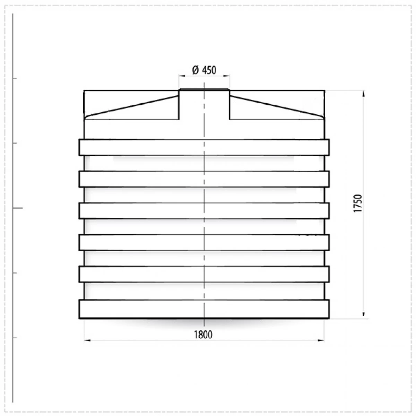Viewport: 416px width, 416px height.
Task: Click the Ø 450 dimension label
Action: (204, 70)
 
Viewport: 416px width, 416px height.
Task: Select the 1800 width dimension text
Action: (203, 335)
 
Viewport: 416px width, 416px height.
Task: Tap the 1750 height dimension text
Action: (358, 203)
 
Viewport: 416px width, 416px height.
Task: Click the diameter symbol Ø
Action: (196, 70)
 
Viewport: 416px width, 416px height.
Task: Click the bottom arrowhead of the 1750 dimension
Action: (363, 314)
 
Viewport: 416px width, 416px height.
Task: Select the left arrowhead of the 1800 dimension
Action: (87, 340)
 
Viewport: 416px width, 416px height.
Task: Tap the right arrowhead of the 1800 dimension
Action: (321, 340)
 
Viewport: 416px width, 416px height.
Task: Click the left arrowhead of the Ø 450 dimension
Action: (182, 76)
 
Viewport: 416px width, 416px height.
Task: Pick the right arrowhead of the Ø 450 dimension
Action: (226, 76)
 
